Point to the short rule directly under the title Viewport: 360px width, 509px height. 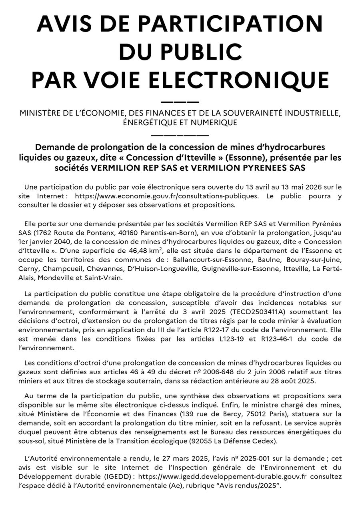coord(180,102)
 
